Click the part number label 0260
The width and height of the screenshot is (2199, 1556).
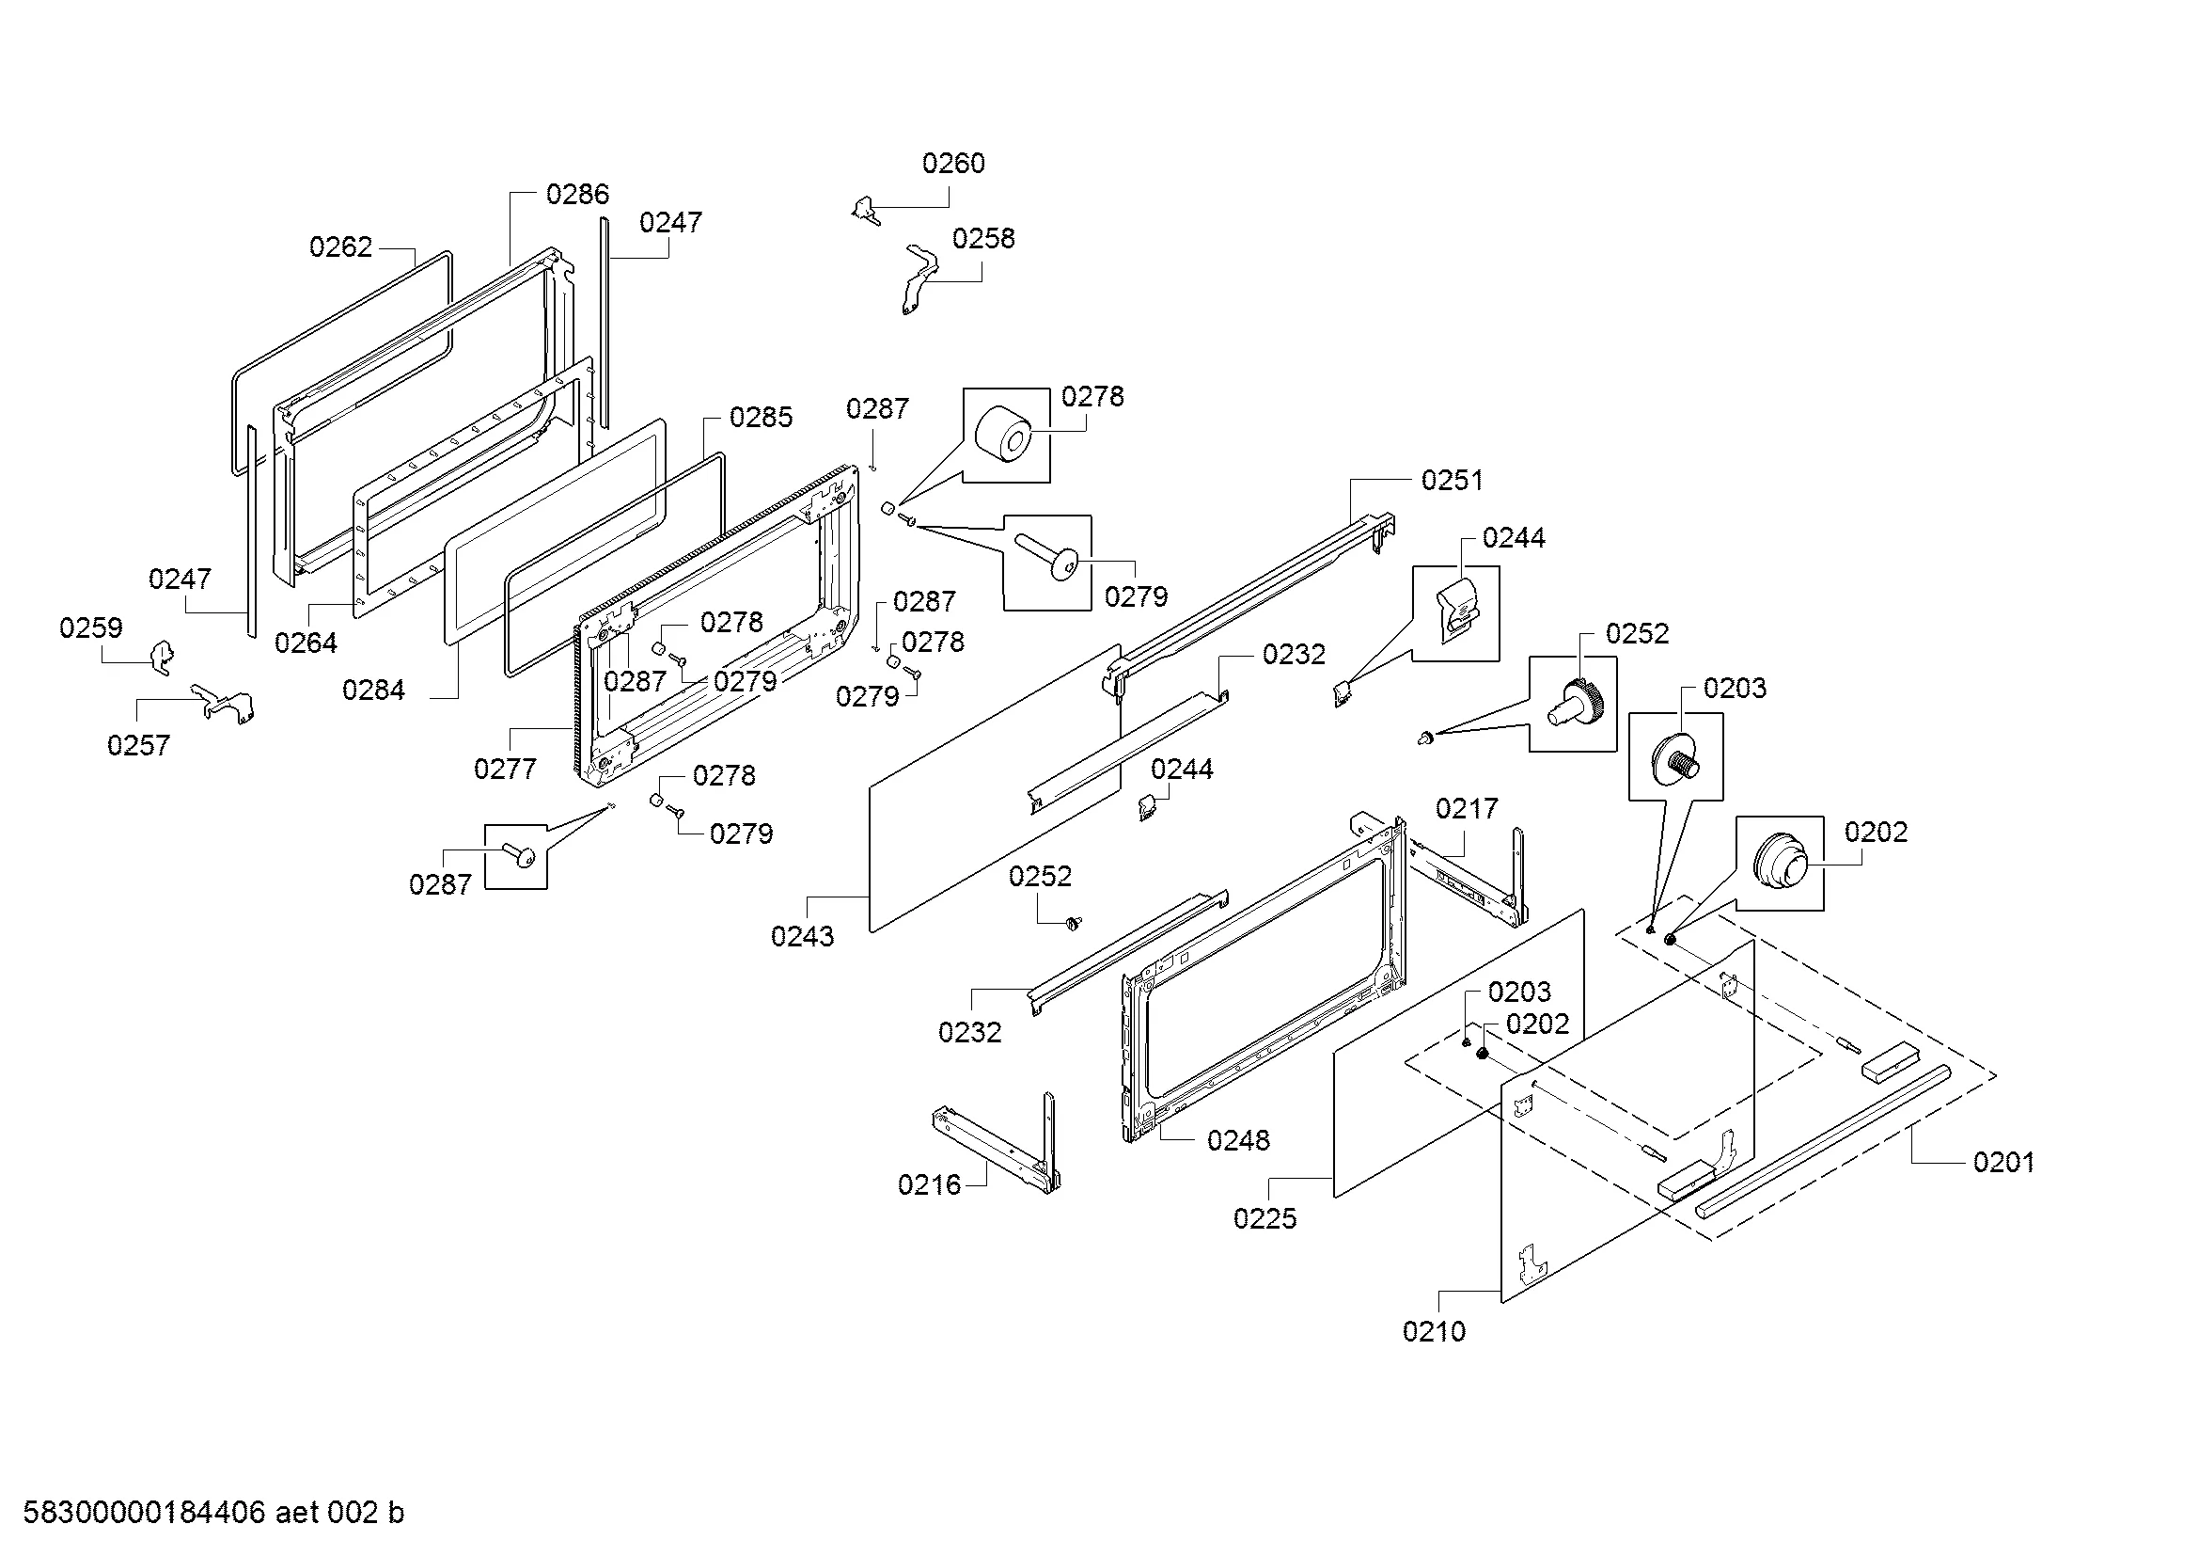pos(953,164)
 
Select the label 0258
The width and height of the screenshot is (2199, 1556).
pos(982,239)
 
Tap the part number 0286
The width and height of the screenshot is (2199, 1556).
pos(576,195)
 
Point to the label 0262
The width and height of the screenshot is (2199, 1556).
pos(340,247)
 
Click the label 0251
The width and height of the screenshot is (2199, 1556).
pos(1451,480)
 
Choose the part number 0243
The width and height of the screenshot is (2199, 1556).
pos(802,936)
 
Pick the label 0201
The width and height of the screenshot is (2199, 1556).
pos(2003,1162)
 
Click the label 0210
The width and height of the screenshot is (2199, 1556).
pos(1433,1331)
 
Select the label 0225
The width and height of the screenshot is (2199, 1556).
pos(1264,1218)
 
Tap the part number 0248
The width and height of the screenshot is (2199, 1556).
pos(1237,1140)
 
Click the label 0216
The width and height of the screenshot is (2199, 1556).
pos(928,1185)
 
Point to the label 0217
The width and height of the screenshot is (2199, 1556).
pos(1466,809)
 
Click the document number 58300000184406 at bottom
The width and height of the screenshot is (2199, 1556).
pos(144,1513)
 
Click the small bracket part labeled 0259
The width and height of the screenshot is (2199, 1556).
pos(163,658)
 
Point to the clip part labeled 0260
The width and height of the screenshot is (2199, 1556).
pos(866,210)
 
